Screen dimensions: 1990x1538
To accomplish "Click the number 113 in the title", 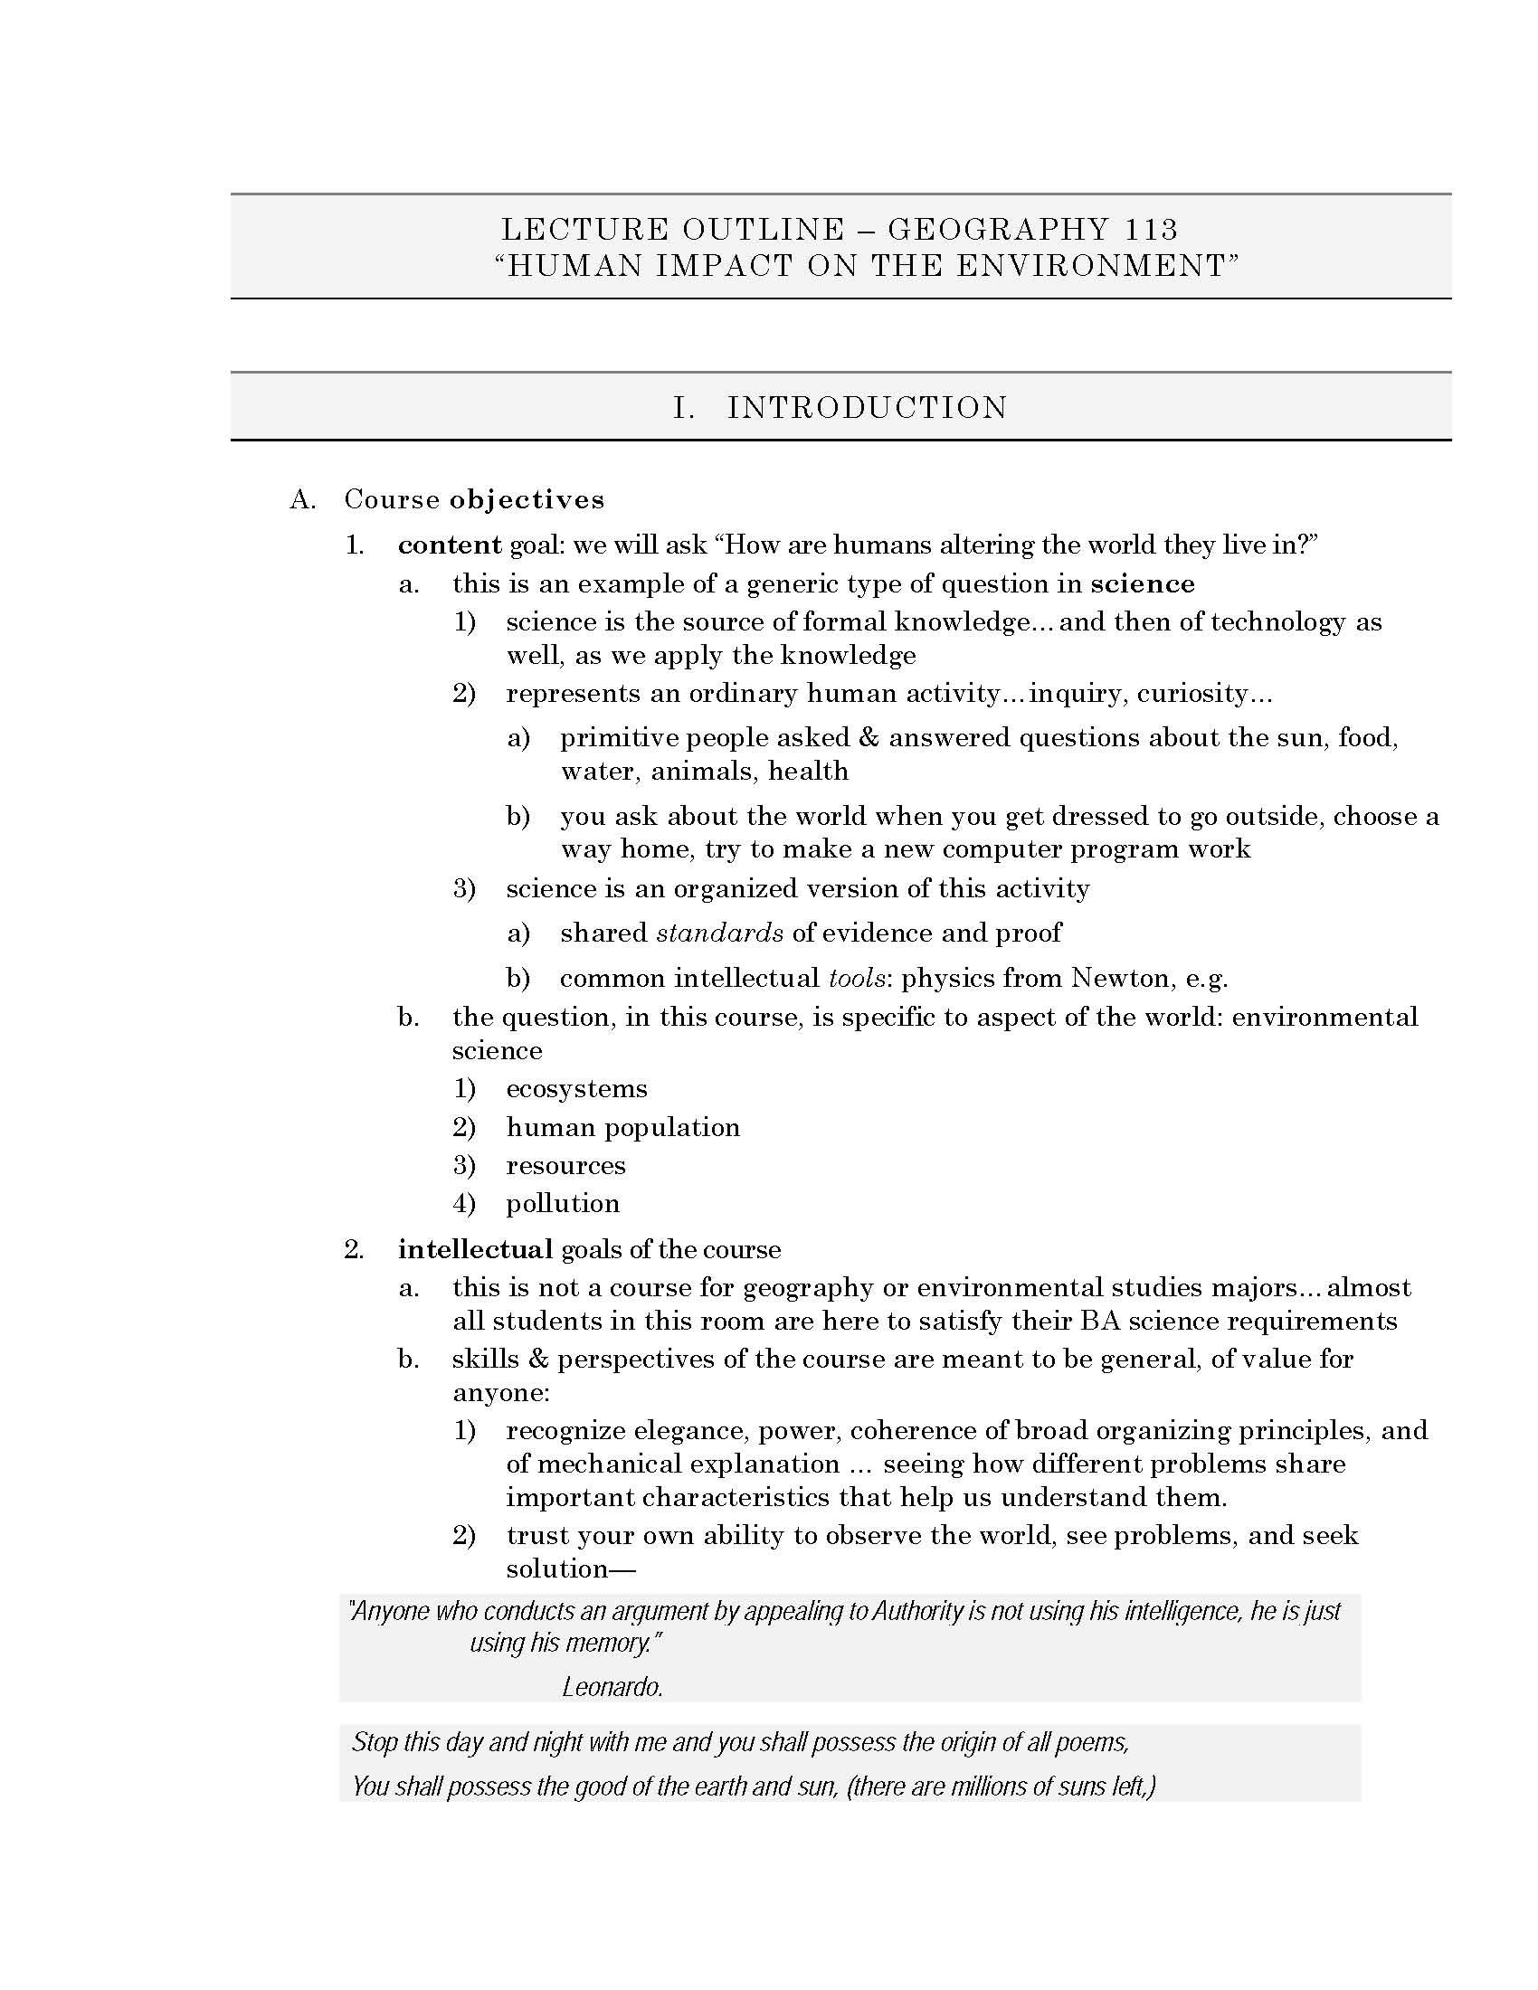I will pyautogui.click(x=1150, y=229).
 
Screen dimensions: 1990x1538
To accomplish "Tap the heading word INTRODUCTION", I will pyautogui.click(x=868, y=407).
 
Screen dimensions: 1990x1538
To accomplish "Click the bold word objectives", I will pyautogui.click(x=527, y=499).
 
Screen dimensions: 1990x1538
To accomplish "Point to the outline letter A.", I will pyautogui.click(x=302, y=499).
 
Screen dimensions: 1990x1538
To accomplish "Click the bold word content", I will pyautogui.click(x=450, y=545).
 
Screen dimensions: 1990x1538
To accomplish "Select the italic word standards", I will pyautogui.click(x=720, y=933).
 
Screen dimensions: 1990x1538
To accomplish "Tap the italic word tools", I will pyautogui.click(x=857, y=979).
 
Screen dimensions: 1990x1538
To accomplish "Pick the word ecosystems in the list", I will pyautogui.click(x=577, y=1089).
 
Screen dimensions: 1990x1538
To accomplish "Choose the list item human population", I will pyautogui.click(x=623, y=1128).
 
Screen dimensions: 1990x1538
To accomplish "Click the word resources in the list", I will pyautogui.click(x=565, y=1166).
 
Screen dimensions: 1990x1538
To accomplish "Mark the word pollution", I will pyautogui.click(x=563, y=1204).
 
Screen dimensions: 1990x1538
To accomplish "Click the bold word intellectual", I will pyautogui.click(x=476, y=1249).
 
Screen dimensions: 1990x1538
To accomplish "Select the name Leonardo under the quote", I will pyautogui.click(x=612, y=1688).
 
